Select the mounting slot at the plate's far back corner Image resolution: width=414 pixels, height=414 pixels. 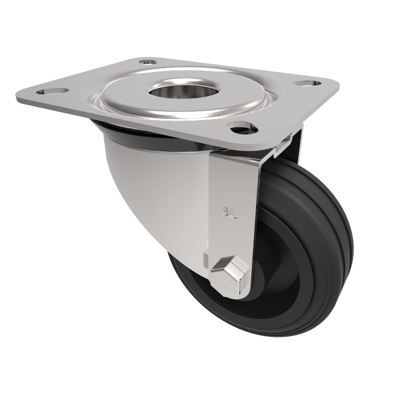click(148, 62)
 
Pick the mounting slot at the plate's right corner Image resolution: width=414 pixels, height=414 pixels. click(306, 83)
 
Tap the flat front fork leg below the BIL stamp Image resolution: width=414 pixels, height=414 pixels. click(233, 238)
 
